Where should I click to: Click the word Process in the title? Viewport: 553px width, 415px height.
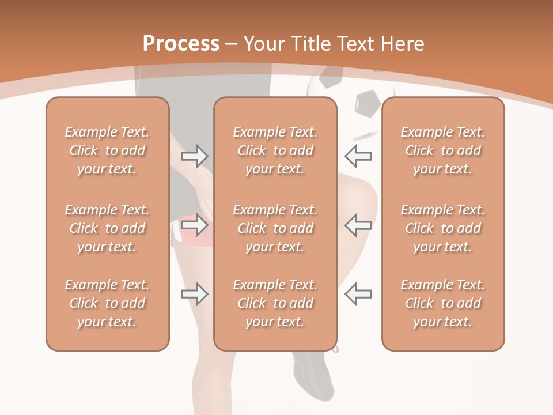(x=181, y=44)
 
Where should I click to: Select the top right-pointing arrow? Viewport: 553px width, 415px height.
(x=195, y=156)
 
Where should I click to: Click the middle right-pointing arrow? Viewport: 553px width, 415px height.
(x=195, y=225)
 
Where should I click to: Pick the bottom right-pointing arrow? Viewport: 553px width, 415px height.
(x=195, y=294)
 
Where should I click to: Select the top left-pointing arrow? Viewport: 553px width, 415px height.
(x=358, y=156)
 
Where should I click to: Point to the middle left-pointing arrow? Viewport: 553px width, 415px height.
(x=358, y=225)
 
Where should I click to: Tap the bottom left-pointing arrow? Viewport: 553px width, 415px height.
(x=358, y=294)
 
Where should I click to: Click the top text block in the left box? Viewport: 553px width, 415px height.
(x=107, y=150)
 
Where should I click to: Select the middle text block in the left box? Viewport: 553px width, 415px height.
(x=107, y=228)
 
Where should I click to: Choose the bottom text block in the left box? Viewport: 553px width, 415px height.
(x=107, y=303)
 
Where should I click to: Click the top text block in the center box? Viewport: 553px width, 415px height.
(x=275, y=150)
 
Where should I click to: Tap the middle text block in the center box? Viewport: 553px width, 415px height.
(x=275, y=228)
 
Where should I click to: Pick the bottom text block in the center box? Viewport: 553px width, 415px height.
(x=275, y=303)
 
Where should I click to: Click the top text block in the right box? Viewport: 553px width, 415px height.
(x=442, y=150)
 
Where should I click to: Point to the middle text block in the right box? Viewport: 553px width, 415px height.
(x=442, y=228)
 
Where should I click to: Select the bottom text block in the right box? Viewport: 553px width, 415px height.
(x=442, y=303)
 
